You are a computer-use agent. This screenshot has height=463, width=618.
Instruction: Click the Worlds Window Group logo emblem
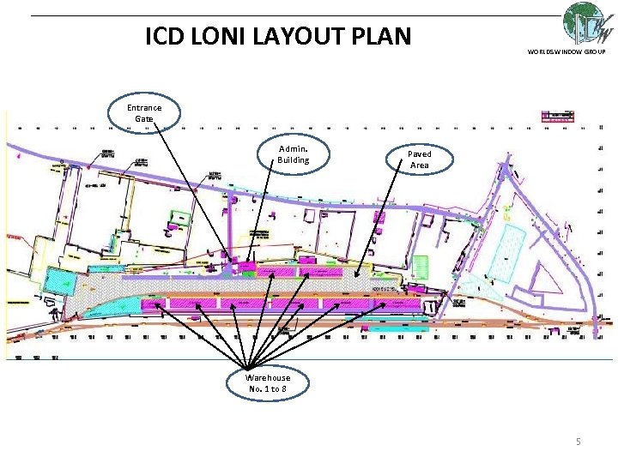click(x=588, y=24)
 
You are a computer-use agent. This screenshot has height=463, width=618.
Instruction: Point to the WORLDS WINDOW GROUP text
click(x=566, y=52)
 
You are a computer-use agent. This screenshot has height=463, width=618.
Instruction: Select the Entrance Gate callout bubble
click(x=144, y=113)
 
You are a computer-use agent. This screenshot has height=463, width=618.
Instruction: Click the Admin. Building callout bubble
click(x=293, y=154)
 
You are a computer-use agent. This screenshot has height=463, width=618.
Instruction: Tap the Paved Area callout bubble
click(x=419, y=159)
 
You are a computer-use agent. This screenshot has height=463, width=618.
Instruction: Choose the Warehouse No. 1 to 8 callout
click(x=268, y=383)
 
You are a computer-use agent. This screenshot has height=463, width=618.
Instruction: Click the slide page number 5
click(x=578, y=442)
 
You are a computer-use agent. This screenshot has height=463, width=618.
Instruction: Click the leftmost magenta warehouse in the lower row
click(x=154, y=304)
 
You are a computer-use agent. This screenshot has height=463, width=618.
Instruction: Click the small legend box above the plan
click(x=556, y=115)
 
